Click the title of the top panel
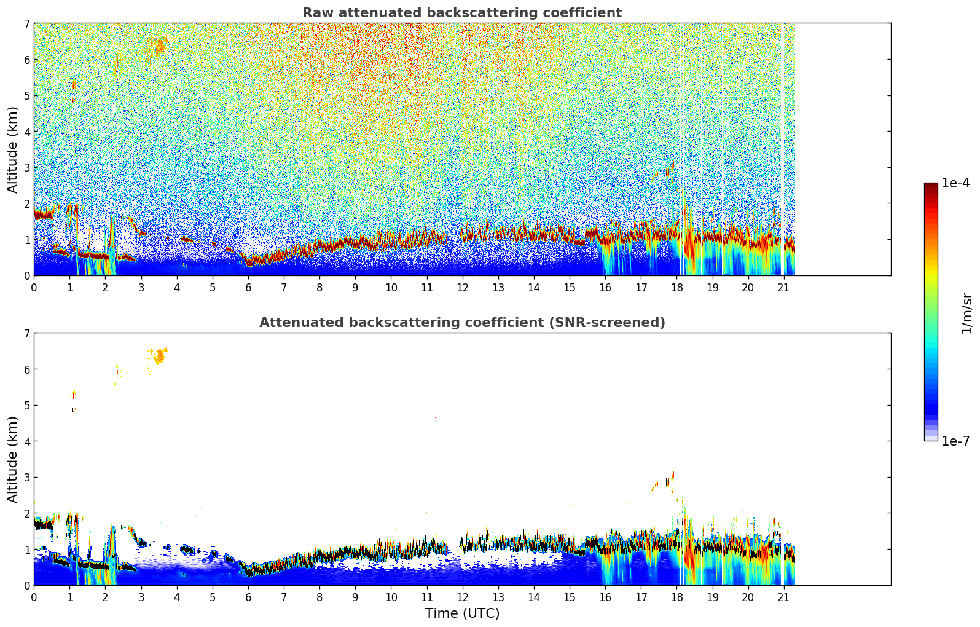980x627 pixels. click(462, 13)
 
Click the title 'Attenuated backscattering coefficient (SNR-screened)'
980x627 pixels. click(462, 323)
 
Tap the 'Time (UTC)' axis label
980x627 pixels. click(462, 613)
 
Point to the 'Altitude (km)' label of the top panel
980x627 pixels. click(13, 149)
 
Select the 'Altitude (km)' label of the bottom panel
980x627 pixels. click(13, 459)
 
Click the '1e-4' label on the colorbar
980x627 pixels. click(955, 183)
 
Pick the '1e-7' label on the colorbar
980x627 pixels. click(955, 441)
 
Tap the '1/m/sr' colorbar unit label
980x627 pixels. click(967, 313)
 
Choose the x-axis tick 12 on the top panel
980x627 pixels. click(462, 288)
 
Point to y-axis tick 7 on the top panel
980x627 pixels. click(26, 24)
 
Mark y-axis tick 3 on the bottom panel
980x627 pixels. click(26, 478)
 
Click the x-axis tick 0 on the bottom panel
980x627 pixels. click(34, 597)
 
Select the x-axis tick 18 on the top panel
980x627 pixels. click(676, 288)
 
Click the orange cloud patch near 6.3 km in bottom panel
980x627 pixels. click(160, 356)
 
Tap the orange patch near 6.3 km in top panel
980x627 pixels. click(160, 46)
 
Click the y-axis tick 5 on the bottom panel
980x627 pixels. click(26, 406)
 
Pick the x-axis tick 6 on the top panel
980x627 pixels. click(248, 288)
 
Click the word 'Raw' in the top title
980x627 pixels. click(316, 13)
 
